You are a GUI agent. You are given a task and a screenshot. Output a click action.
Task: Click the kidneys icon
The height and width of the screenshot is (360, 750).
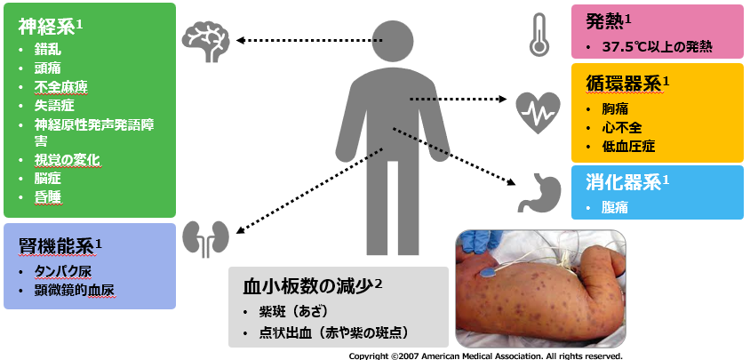206,238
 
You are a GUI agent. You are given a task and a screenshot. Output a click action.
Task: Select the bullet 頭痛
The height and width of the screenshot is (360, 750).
48,67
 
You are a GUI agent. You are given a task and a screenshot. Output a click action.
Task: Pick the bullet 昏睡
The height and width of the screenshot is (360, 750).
48,197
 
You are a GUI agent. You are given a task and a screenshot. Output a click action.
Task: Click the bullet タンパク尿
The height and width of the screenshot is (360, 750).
63,270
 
